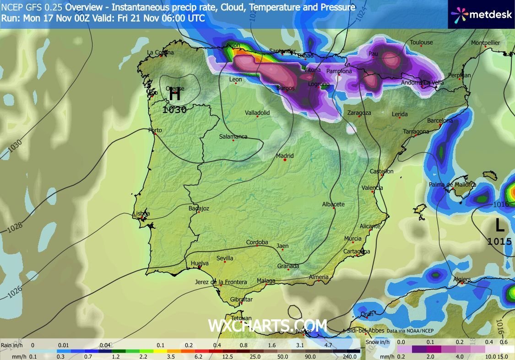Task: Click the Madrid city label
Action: (x=285, y=156)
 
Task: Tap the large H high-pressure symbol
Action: (x=174, y=94)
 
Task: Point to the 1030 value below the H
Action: (x=174, y=110)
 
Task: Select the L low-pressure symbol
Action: (x=499, y=226)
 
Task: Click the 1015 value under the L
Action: (x=499, y=241)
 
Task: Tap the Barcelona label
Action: (x=439, y=121)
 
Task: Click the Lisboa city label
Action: (x=141, y=214)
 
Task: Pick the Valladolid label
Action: (x=257, y=113)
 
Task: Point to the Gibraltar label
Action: (x=241, y=300)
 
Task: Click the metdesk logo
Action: (x=481, y=14)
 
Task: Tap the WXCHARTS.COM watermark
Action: (x=268, y=326)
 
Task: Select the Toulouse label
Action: (x=421, y=43)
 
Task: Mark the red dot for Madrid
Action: (x=285, y=160)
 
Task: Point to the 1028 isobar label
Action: (x=15, y=226)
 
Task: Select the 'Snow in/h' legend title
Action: (x=379, y=342)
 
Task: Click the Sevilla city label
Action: (x=225, y=258)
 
